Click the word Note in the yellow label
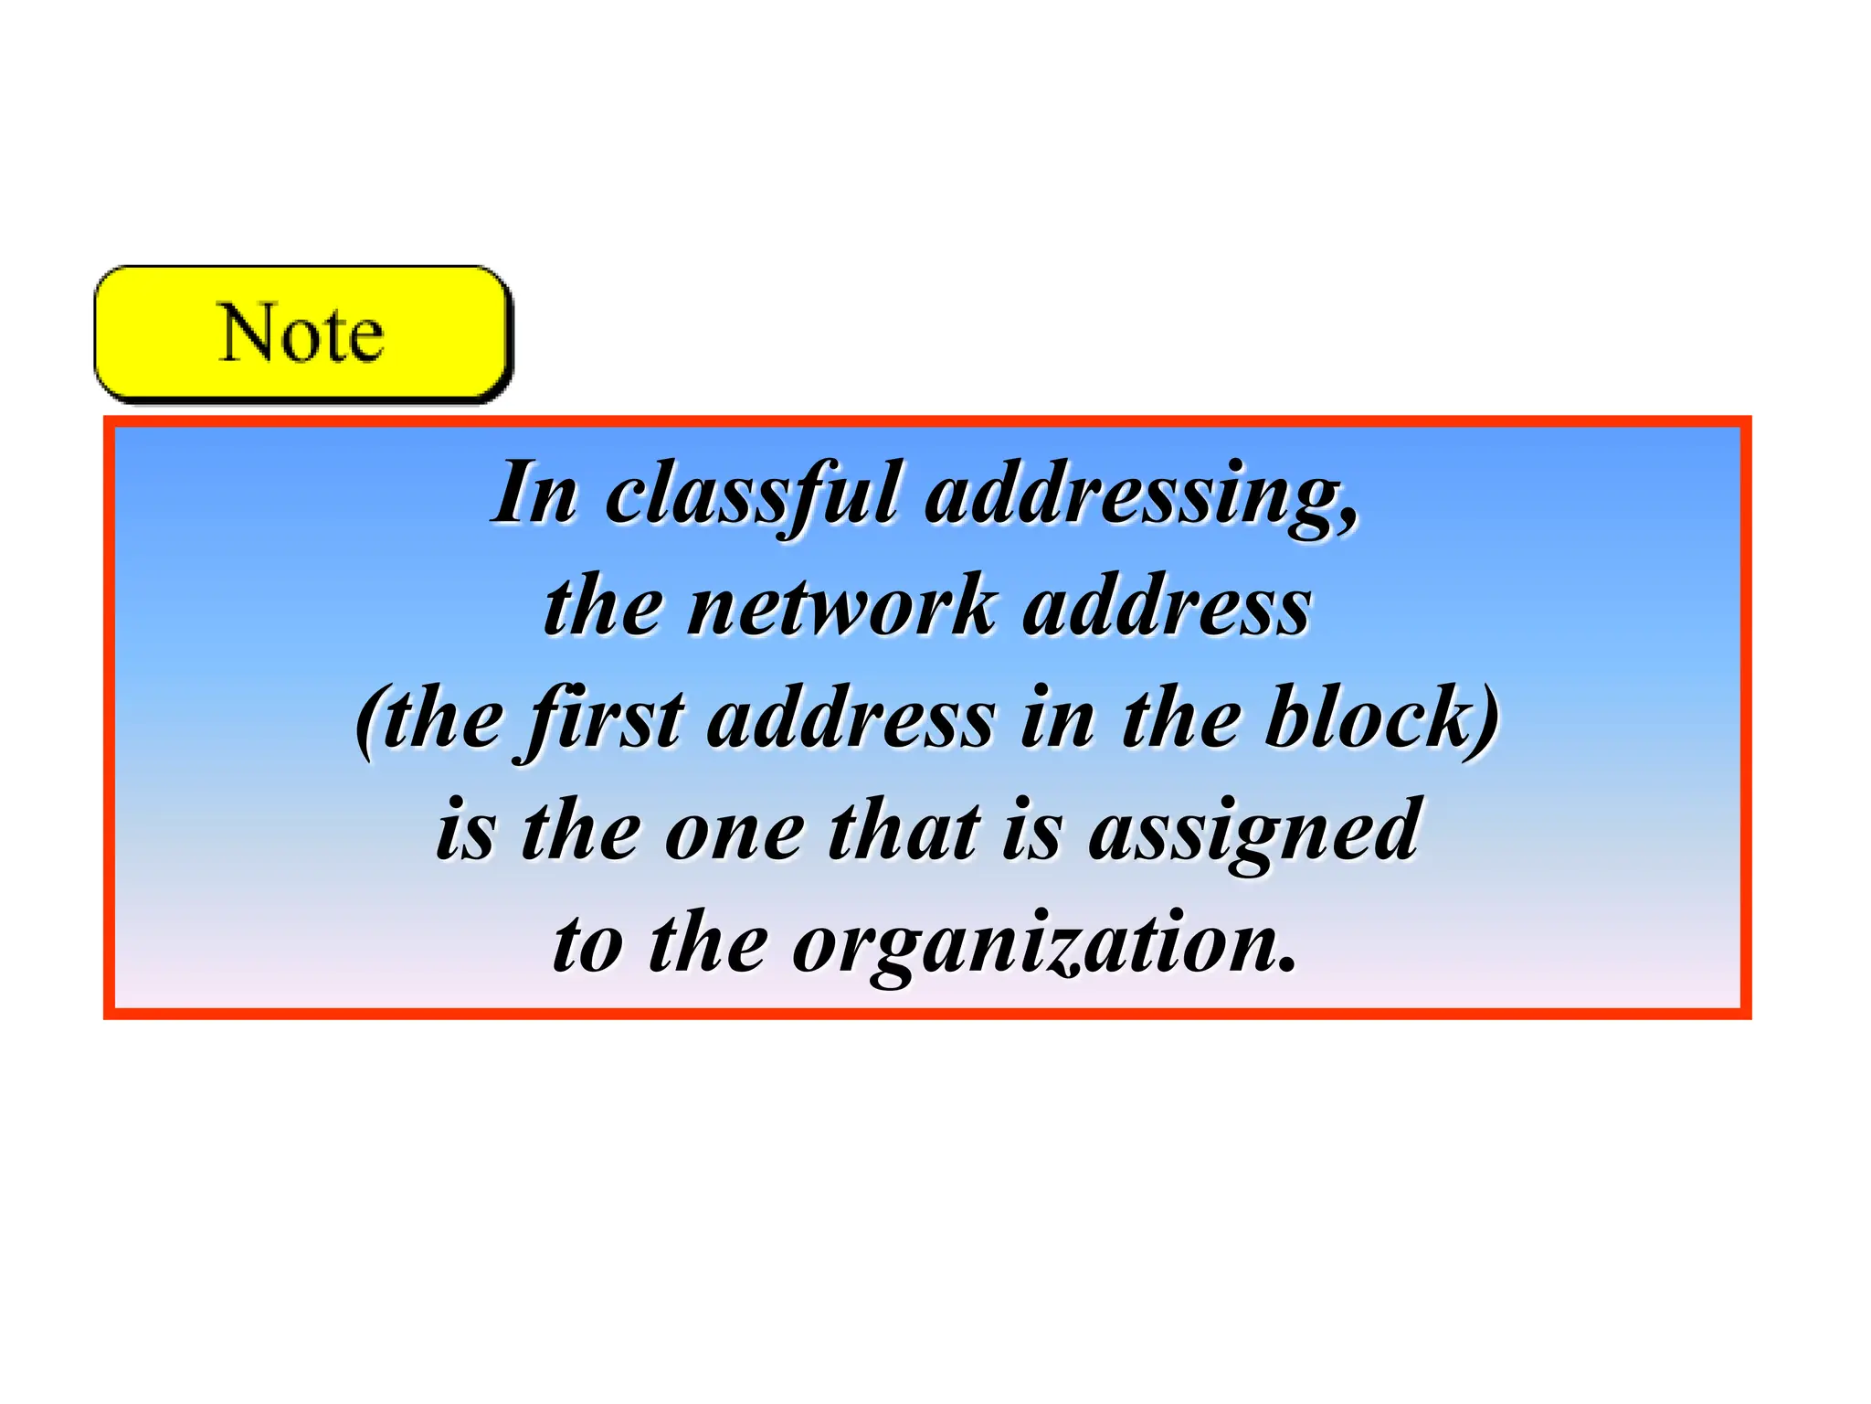301,334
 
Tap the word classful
753,495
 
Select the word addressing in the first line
1132,495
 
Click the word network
841,607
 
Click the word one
735,833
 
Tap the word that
904,831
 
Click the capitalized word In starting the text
535,495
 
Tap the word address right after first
851,720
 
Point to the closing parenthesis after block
1487,722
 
